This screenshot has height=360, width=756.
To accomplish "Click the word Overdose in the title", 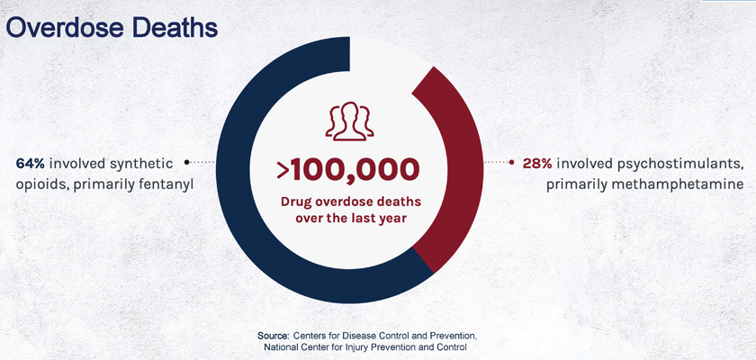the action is (65, 28).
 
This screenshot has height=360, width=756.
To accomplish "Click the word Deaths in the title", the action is (175, 28).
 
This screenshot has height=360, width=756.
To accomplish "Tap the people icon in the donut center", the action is (349, 121).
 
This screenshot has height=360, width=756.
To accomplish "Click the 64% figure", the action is (31, 164).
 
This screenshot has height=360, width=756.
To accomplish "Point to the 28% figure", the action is (537, 164).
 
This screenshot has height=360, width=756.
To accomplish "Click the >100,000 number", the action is (348, 170).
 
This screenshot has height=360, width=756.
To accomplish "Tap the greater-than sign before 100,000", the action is (283, 171).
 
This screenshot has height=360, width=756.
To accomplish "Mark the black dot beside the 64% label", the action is (187, 162).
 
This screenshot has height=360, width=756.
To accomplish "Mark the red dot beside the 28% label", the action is (511, 162).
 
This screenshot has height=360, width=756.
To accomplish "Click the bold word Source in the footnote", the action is (273, 336).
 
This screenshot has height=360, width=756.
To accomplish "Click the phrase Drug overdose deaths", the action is (351, 202).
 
